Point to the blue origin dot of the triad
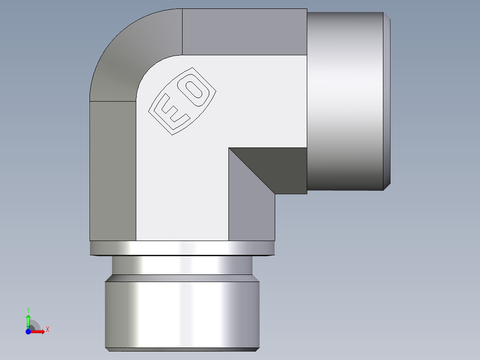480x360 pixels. point(28,331)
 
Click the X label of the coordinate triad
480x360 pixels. point(48,330)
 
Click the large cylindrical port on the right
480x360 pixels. point(345,100)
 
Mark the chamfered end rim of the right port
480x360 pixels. point(387,100)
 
